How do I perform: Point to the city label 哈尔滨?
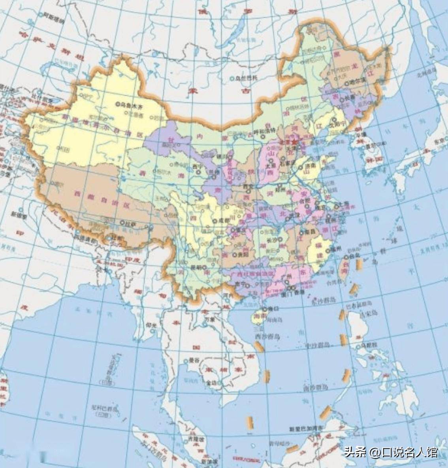coord(358,83)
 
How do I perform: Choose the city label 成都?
coord(223,221)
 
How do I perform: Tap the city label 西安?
coord(248,186)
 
